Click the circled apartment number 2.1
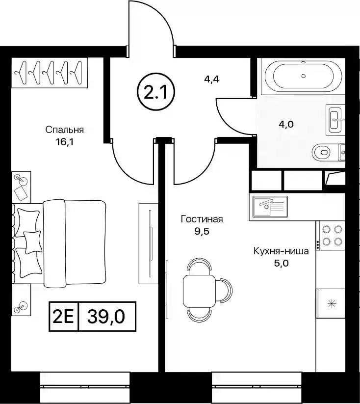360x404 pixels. pyautogui.click(x=155, y=92)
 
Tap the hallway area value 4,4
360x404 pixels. pyautogui.click(x=211, y=80)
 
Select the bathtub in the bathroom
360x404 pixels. pyautogui.click(x=303, y=76)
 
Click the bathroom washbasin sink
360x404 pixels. pyautogui.click(x=336, y=120)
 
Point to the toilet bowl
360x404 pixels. pyautogui.click(x=321, y=152)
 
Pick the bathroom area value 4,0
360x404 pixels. pyautogui.click(x=286, y=125)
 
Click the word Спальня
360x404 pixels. pyautogui.click(x=65, y=130)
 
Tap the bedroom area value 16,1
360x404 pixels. pyautogui.click(x=64, y=142)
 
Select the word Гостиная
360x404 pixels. pyautogui.click(x=202, y=219)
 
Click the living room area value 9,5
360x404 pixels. pyautogui.click(x=202, y=231)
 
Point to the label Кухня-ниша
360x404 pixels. pyautogui.click(x=281, y=251)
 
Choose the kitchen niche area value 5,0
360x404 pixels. pyautogui.click(x=281, y=264)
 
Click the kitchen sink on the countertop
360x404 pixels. pyautogui.click(x=270, y=206)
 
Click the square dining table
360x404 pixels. pyautogui.click(x=199, y=292)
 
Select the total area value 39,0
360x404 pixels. pyautogui.click(x=106, y=317)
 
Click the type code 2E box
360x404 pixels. pyautogui.click(x=64, y=317)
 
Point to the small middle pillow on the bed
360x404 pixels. pyautogui.click(x=32, y=242)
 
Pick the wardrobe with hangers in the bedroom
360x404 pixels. pyautogui.click(x=50, y=73)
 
